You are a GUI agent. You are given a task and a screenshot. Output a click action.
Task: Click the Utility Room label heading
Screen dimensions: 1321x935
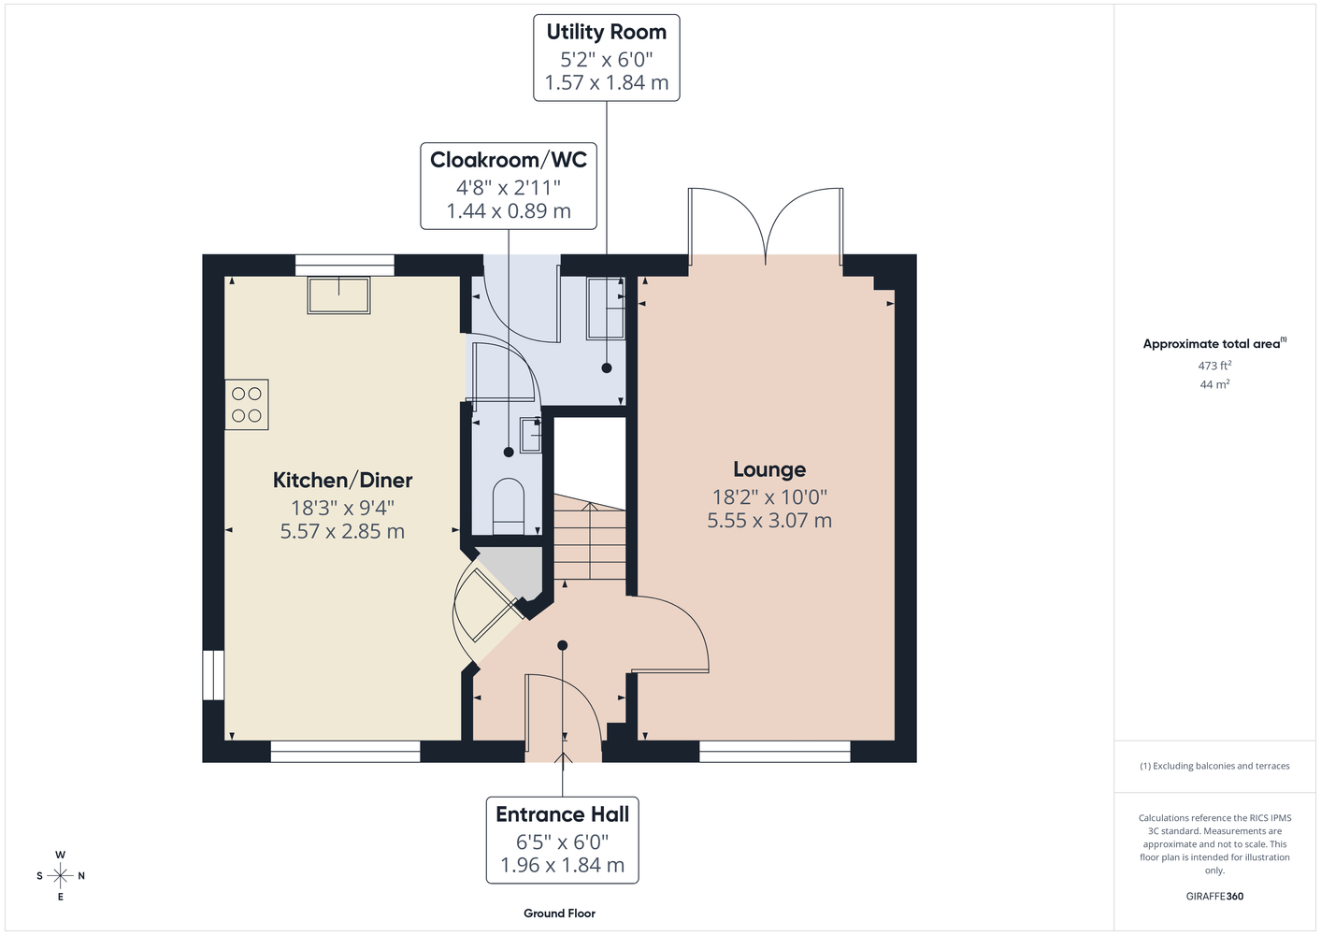click(606, 33)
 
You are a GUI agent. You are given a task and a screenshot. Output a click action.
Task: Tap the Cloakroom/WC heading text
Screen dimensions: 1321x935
click(509, 160)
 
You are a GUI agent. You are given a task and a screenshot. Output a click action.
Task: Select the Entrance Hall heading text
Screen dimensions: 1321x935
click(562, 814)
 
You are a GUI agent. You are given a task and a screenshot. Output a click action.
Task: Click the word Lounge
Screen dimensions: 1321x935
click(769, 469)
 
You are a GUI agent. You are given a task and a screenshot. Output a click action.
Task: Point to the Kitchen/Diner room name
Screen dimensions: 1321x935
click(342, 481)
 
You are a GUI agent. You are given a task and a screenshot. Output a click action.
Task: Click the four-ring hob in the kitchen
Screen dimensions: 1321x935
click(247, 405)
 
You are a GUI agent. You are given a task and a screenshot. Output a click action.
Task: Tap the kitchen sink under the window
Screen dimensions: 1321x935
click(339, 295)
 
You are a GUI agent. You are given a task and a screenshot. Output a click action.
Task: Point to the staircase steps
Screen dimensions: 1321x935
click(589, 537)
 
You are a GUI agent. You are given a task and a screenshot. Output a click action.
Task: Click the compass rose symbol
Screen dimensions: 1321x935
click(60, 875)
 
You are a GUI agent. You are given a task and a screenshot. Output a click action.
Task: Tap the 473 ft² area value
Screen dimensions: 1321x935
click(1214, 366)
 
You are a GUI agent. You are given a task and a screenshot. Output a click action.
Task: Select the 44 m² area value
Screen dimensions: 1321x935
click(1214, 384)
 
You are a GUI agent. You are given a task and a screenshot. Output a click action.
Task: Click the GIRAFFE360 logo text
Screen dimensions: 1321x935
click(1214, 896)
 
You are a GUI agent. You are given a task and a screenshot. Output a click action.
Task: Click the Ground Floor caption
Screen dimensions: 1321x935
click(559, 913)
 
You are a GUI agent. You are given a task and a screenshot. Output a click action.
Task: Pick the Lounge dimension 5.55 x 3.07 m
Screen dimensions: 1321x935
click(769, 521)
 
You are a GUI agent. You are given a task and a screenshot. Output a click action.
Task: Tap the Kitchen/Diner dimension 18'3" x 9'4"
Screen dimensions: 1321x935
click(342, 508)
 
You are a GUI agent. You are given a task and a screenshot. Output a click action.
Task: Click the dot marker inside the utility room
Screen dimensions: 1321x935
click(606, 368)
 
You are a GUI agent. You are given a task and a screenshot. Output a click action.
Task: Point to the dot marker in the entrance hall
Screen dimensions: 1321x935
click(563, 645)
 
